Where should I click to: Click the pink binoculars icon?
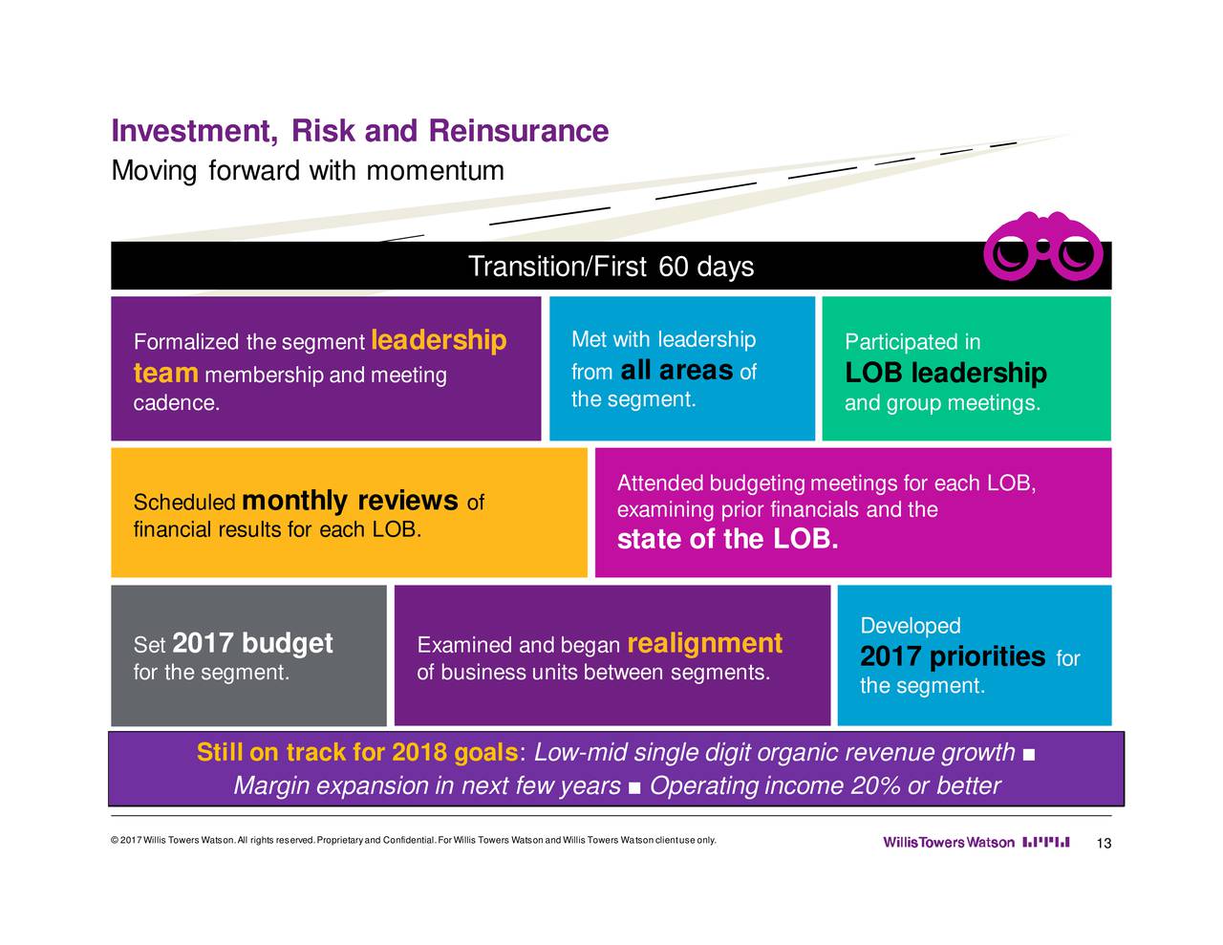(x=1043, y=246)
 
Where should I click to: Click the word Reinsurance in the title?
(x=519, y=131)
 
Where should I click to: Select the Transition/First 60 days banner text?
(x=611, y=267)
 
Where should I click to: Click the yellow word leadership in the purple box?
(x=439, y=340)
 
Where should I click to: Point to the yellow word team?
(x=166, y=374)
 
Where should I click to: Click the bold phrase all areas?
(x=676, y=371)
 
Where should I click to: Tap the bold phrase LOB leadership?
(x=946, y=373)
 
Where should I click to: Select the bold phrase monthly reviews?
(x=350, y=501)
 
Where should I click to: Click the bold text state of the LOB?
(x=727, y=539)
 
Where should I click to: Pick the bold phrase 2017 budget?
(x=252, y=644)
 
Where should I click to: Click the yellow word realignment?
(x=704, y=644)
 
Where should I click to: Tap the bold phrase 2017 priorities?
(x=953, y=656)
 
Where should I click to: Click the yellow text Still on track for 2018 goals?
(x=356, y=753)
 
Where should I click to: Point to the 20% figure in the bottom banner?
(x=876, y=785)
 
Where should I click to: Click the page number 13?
(x=1104, y=843)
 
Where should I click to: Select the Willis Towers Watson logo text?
(x=949, y=842)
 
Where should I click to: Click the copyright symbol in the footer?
(x=115, y=840)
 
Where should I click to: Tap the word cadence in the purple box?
(x=176, y=403)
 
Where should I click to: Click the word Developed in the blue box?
(x=910, y=625)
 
